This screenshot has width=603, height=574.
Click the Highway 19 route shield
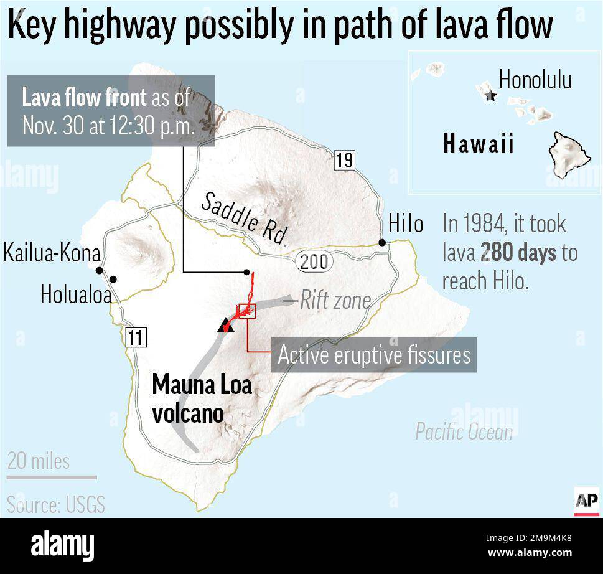pos(344,160)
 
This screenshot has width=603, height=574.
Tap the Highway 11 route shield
pos(135,337)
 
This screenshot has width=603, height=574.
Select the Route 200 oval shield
pos(314,261)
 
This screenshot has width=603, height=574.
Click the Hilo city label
pos(406,224)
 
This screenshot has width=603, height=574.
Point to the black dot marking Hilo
pos(382,242)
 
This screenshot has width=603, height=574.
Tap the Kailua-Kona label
pos(52,254)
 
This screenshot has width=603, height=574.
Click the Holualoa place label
pos(76,294)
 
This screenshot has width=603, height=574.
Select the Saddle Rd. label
pos(246,219)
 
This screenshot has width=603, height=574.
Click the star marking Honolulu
pos(491,96)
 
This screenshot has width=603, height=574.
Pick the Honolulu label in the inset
pos(535,80)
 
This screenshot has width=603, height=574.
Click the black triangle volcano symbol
pos(225,324)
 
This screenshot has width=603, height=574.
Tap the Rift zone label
pos(335,301)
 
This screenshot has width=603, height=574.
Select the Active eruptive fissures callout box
pos(374,355)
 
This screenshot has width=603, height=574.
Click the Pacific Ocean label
pos(464,431)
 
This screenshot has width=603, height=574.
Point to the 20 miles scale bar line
pos(52,478)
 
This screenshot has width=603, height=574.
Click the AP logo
pos(586,500)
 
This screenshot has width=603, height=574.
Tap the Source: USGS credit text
pos(56,504)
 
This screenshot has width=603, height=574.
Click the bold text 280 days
pos(518,253)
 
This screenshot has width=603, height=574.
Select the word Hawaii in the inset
pos(479,144)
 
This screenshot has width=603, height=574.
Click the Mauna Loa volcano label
pos(202,398)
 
